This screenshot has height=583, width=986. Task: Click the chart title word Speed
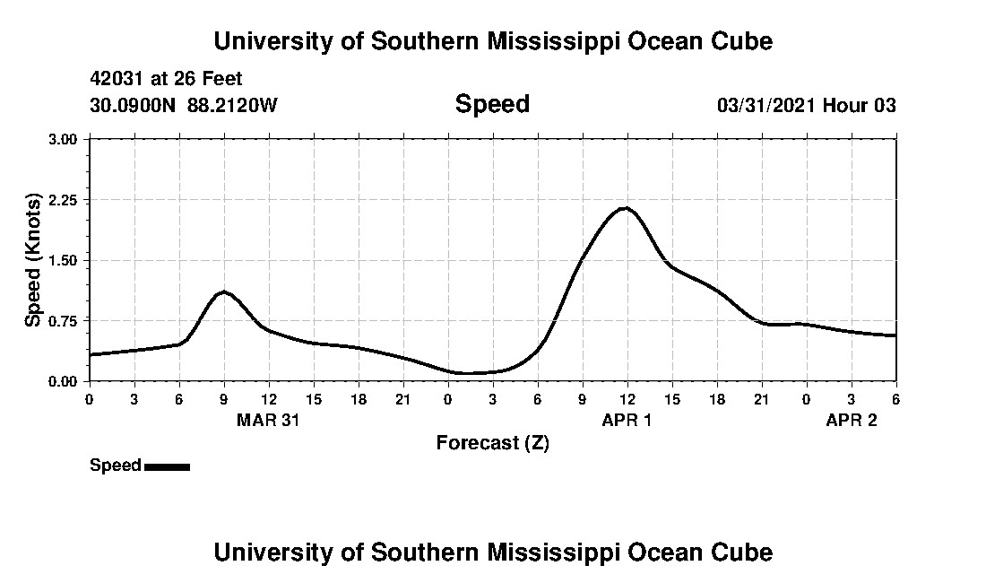[x=492, y=104]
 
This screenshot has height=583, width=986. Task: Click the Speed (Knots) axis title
[x=33, y=260]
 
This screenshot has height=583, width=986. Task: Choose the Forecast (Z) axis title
[x=492, y=443]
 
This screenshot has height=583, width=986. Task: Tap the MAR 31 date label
[x=268, y=420]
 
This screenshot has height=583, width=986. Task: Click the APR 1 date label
[x=627, y=420]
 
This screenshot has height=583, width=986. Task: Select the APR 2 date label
[x=851, y=420]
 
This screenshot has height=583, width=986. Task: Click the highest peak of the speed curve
[x=626, y=208]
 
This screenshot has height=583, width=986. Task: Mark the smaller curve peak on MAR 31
[x=223, y=292]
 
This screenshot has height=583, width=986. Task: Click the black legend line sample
[x=167, y=466]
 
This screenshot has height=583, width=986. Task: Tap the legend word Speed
[x=115, y=466]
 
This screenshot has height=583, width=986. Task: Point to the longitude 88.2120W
[x=232, y=106]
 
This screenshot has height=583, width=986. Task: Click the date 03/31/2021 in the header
[x=765, y=106]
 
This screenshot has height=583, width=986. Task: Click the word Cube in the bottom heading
[x=747, y=552]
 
